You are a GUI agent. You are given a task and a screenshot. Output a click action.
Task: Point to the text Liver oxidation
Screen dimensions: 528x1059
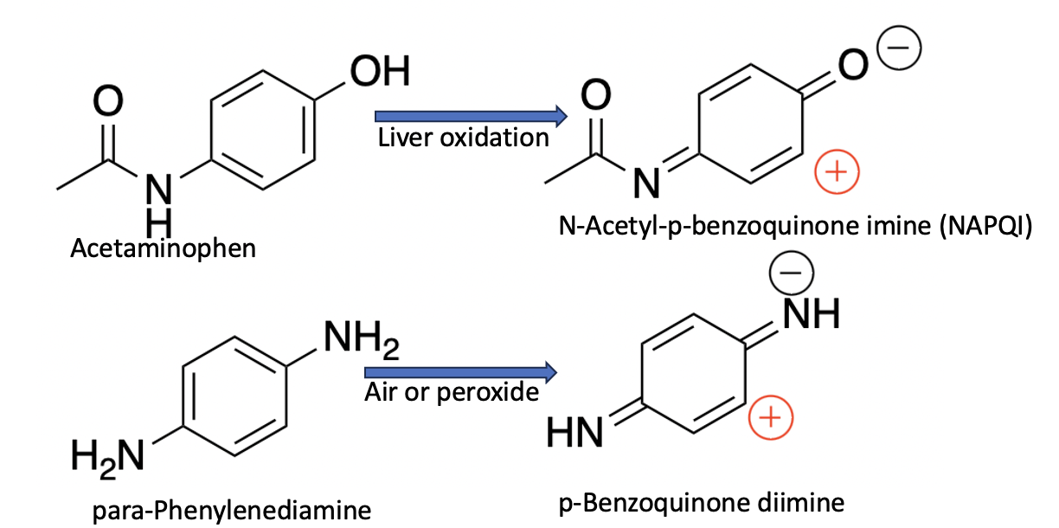click(x=463, y=138)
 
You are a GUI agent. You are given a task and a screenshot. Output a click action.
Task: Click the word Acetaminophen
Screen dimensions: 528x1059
click(x=164, y=249)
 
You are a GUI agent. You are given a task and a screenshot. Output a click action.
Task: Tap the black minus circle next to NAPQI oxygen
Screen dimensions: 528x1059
click(x=895, y=51)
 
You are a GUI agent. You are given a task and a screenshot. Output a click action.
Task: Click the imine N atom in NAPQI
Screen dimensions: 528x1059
click(x=643, y=183)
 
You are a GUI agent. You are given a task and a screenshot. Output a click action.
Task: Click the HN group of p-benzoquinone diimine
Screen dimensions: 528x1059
click(x=575, y=431)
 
